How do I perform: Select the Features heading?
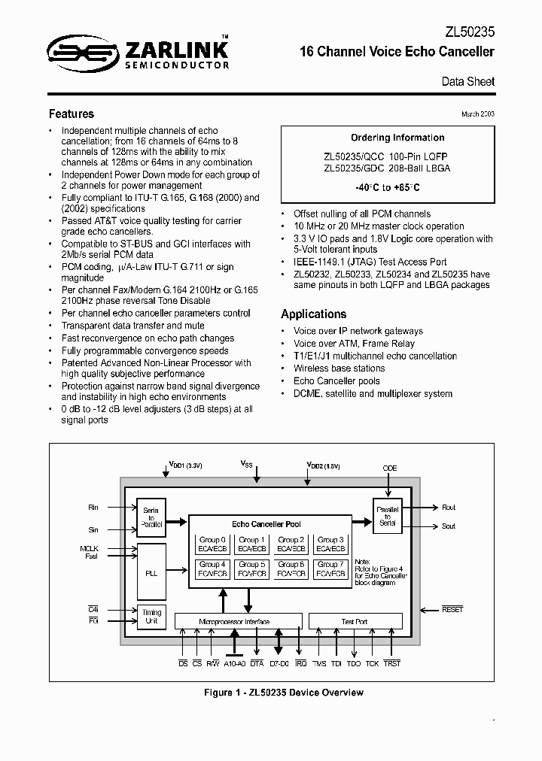coord(72,114)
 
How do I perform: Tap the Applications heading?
coord(314,314)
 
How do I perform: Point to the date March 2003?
coord(477,114)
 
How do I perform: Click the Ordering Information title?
coord(397,138)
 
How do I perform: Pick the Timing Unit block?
coord(152,617)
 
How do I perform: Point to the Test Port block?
coord(355,622)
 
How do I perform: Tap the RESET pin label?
coord(452,609)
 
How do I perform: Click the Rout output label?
coord(449,508)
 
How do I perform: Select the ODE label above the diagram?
coord(389,468)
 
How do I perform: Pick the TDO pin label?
coord(354,663)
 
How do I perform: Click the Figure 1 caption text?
coord(271,693)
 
